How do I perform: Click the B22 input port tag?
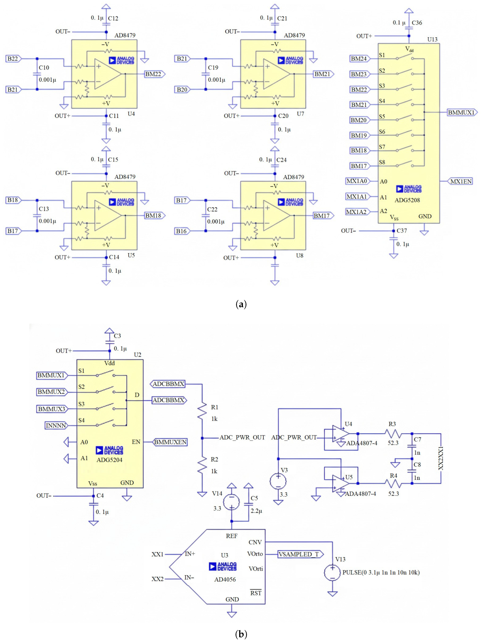tap(13, 59)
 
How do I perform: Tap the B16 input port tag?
tap(182, 231)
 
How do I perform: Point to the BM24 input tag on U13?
tap(360, 59)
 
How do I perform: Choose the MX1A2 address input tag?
tap(357, 212)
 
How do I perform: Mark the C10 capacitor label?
tap(44, 67)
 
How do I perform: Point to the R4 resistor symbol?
tap(393, 483)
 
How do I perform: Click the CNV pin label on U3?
tap(255, 542)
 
